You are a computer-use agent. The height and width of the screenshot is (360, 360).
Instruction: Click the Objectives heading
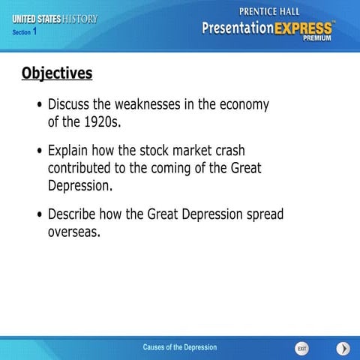click(57, 73)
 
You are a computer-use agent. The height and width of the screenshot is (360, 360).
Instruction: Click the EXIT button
click(301, 349)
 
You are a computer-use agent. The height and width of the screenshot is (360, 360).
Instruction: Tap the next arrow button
click(343, 349)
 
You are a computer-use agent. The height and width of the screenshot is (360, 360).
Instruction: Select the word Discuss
click(73, 104)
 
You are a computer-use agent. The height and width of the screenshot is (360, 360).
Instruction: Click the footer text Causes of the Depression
click(180, 347)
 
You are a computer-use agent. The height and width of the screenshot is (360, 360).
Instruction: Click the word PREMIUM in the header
click(319, 37)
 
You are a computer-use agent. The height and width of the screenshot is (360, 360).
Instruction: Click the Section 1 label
click(25, 32)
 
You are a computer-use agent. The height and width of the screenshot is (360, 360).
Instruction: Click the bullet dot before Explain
click(40, 151)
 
